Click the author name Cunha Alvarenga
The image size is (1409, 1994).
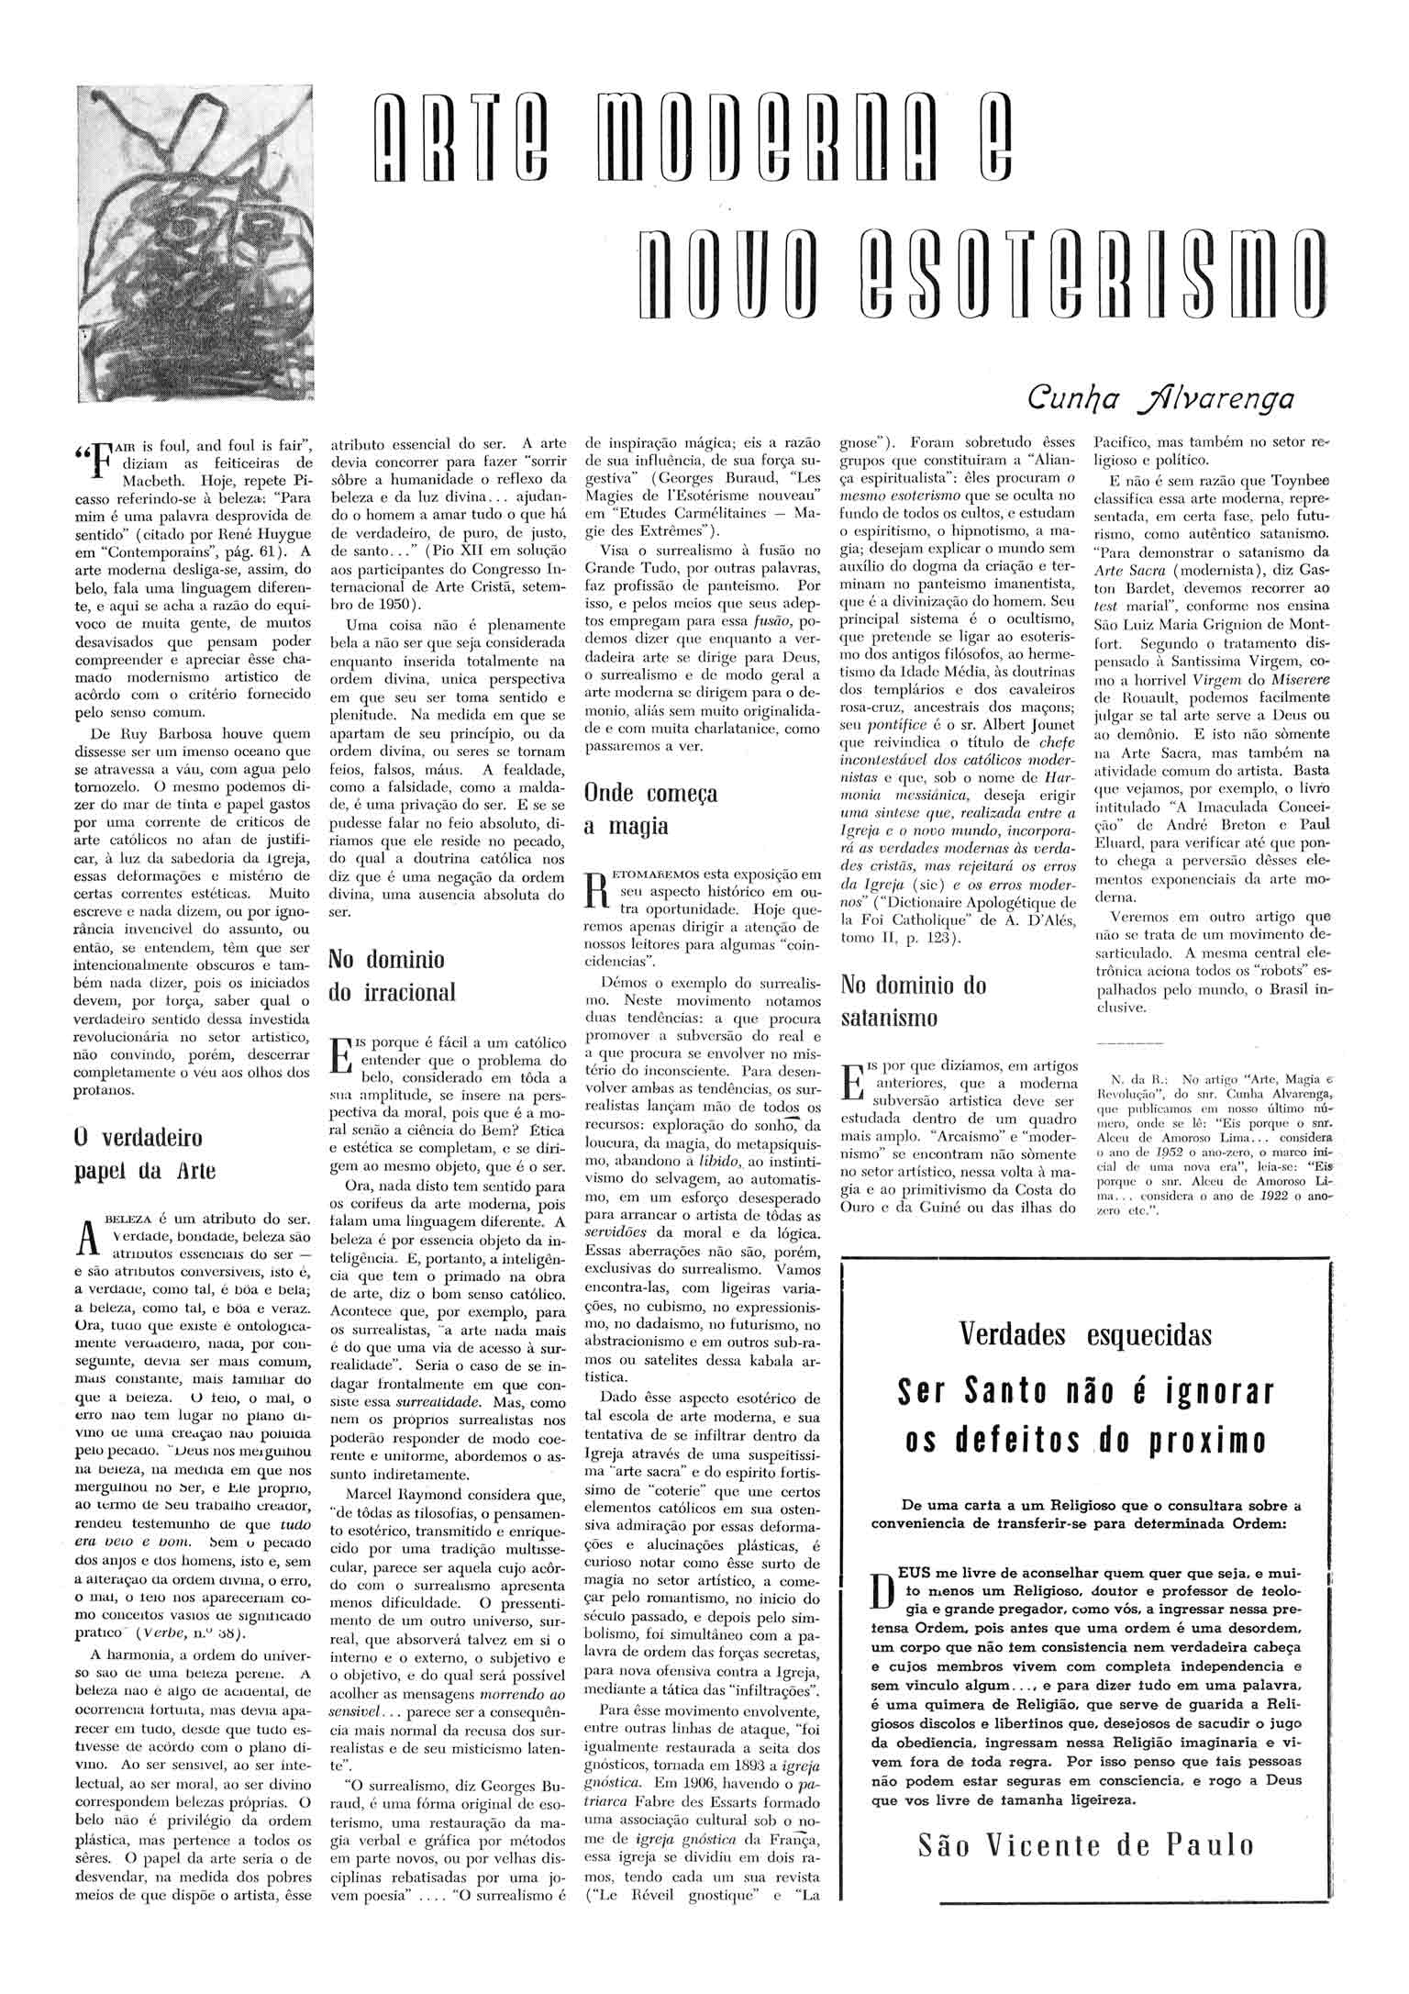pyautogui.click(x=1160, y=398)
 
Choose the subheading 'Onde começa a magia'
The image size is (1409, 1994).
pyautogui.click(x=650, y=808)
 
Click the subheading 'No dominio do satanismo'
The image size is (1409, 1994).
pyautogui.click(x=914, y=1001)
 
